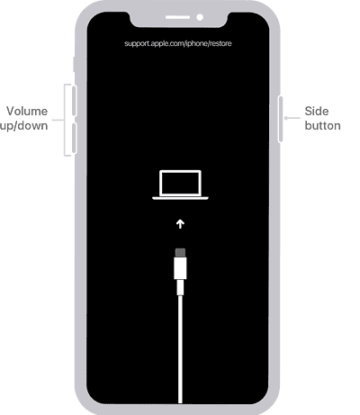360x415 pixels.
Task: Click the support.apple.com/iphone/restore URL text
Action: click(184, 42)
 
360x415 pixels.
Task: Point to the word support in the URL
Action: click(139, 42)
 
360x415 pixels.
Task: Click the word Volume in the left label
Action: click(27, 112)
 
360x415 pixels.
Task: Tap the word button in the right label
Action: click(321, 125)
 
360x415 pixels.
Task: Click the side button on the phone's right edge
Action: click(284, 117)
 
